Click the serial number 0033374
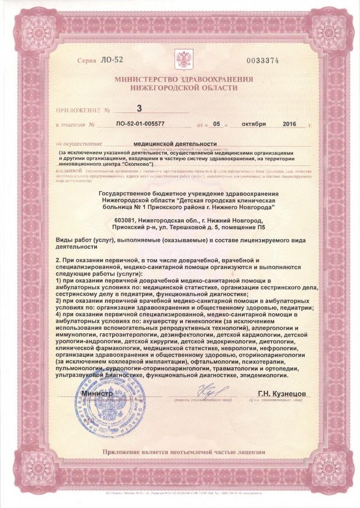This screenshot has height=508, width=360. [262, 60]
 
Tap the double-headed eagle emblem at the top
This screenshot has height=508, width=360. [180, 59]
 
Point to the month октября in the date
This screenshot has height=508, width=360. [254, 124]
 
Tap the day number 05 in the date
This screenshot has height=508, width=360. [216, 125]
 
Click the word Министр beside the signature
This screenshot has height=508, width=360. [97, 394]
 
